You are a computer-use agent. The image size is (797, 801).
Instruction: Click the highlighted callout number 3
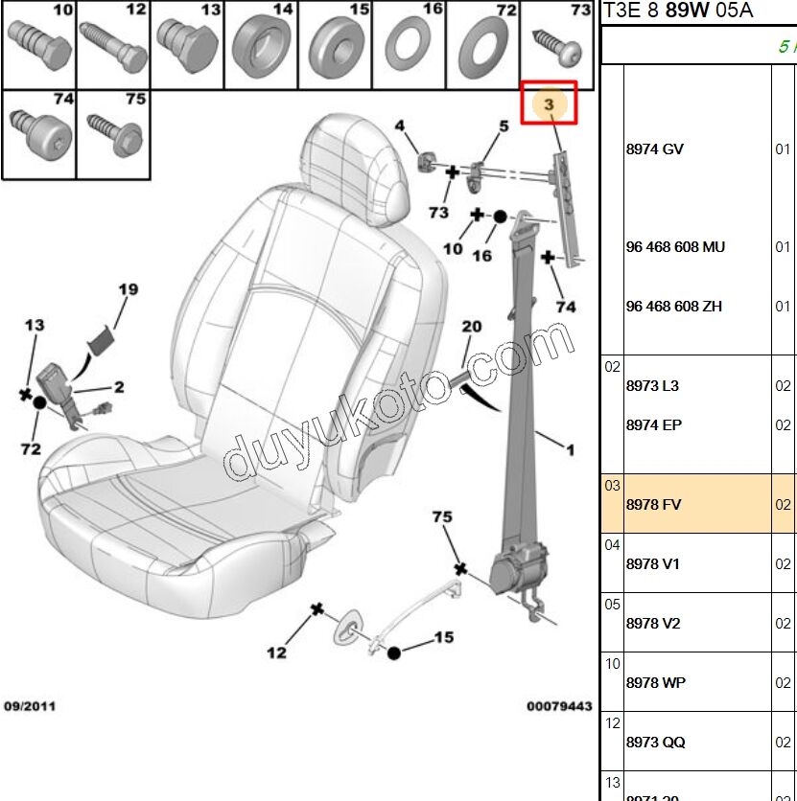[x=549, y=103]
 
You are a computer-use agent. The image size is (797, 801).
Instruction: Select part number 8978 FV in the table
[x=653, y=504]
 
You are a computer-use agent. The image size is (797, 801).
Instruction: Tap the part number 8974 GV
[x=654, y=149]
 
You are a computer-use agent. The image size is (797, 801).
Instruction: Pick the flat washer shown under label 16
[x=408, y=45]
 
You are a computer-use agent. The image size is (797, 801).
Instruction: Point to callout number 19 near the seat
[x=129, y=289]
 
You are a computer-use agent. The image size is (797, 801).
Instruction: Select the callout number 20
[x=471, y=327]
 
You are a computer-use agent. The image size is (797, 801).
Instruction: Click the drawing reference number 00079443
[x=558, y=706]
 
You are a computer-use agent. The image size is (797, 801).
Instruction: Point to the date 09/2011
[x=30, y=706]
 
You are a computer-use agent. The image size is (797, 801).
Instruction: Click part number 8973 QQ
[x=655, y=742]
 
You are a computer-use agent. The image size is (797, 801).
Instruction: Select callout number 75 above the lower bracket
[x=441, y=517]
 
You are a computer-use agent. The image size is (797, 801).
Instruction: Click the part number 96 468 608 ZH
[x=673, y=307]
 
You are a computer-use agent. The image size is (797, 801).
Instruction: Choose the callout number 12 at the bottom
[x=276, y=653]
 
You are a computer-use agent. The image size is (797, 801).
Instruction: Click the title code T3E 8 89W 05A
[x=677, y=11]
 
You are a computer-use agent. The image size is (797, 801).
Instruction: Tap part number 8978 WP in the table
[x=655, y=682]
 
